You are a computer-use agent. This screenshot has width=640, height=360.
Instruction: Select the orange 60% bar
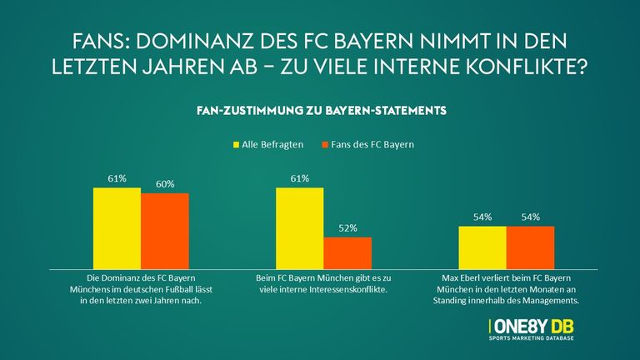165,229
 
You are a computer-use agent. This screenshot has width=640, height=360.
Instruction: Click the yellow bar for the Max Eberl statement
482,246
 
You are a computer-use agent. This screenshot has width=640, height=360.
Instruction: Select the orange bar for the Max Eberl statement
530,246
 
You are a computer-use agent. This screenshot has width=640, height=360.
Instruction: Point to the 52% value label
347,228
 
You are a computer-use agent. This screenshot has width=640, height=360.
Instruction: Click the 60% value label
165,184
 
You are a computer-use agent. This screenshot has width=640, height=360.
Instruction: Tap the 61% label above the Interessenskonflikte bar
299,178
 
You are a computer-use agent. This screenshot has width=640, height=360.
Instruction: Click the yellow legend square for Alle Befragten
235,145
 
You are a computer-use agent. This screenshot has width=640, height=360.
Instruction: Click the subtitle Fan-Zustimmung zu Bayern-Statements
320,109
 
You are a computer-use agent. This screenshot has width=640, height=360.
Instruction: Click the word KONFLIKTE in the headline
527,66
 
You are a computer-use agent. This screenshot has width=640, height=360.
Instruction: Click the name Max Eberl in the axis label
471,276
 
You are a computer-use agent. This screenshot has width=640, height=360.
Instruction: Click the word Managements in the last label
555,297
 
